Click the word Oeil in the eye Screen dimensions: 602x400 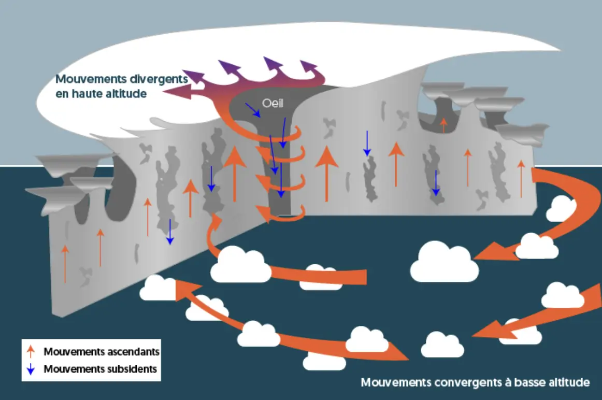273,103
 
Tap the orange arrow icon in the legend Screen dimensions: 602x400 31,351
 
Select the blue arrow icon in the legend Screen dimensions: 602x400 31,369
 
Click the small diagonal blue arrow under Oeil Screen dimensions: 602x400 253,110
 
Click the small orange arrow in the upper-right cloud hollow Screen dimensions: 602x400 443,125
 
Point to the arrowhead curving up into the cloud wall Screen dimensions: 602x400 215,222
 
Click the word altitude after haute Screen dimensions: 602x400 127,93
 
